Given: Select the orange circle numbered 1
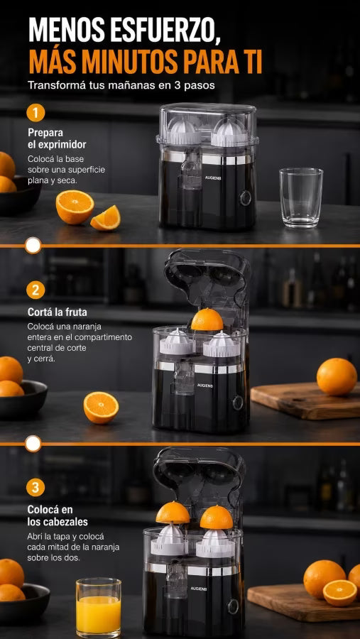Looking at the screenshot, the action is [x=36, y=112].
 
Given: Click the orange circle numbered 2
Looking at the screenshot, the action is [x=36, y=290].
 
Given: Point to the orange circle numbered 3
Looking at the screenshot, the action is [x=36, y=487].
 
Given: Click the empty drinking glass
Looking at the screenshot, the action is [x=301, y=197].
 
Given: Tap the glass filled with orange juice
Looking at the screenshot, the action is [x=98, y=607].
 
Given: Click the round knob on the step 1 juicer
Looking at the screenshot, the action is [x=245, y=198].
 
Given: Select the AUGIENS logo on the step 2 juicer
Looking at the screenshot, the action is [x=205, y=386].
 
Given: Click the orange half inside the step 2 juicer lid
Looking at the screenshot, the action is [x=207, y=319].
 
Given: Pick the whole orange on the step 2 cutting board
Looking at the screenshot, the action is [x=337, y=376].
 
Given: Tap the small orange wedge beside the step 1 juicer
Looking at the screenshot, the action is [x=106, y=218].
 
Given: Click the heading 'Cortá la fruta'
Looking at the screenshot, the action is [x=58, y=312].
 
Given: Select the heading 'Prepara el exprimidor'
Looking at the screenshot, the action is [x=57, y=138].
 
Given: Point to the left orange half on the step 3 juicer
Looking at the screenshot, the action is [x=173, y=513].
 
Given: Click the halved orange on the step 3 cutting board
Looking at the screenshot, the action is [x=340, y=593].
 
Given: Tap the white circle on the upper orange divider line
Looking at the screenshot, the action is [x=33, y=246].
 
